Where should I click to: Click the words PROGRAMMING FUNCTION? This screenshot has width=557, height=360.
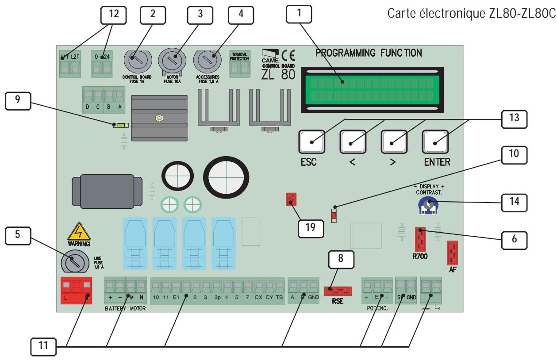pyautogui.click(x=369, y=53)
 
